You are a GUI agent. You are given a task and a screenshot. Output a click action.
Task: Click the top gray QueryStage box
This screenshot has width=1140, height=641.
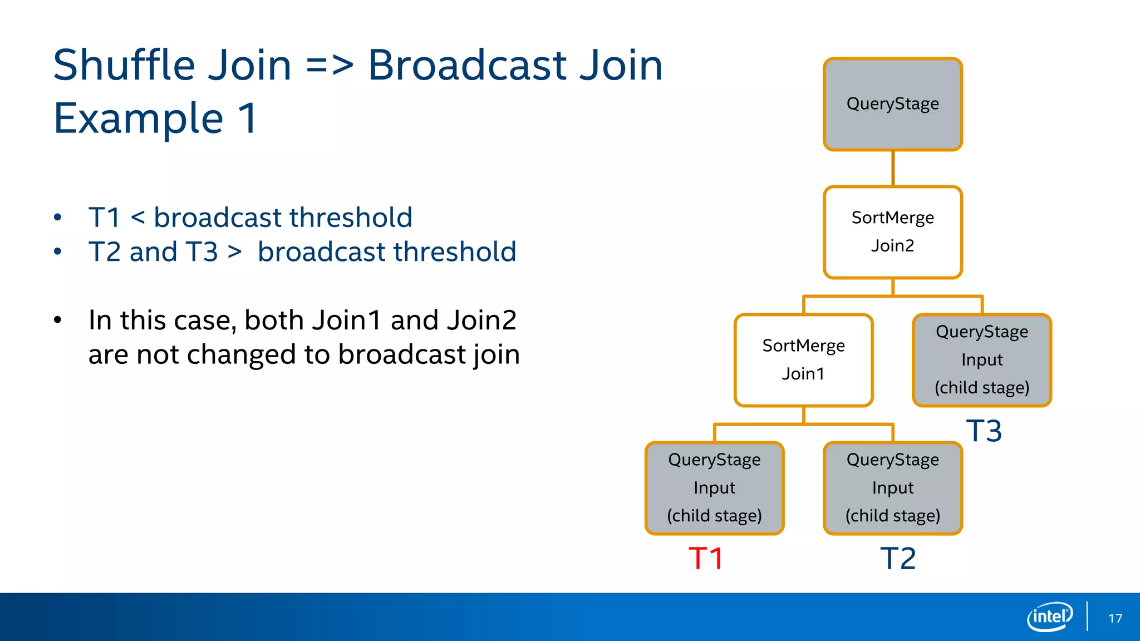pyautogui.click(x=893, y=104)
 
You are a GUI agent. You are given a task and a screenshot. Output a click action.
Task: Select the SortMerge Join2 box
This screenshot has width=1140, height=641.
pyautogui.click(x=893, y=232)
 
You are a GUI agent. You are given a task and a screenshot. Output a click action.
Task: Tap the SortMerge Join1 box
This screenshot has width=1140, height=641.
pyautogui.click(x=803, y=360)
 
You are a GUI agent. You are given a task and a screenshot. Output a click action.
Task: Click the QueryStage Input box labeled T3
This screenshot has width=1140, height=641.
pyautogui.click(x=982, y=360)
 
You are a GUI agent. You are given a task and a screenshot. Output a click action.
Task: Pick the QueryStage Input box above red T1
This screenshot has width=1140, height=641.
pyautogui.click(x=714, y=488)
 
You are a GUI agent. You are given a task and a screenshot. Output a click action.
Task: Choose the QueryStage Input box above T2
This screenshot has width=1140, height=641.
pyautogui.click(x=893, y=488)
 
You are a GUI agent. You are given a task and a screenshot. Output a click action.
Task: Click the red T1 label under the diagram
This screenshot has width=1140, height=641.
pyautogui.click(x=705, y=558)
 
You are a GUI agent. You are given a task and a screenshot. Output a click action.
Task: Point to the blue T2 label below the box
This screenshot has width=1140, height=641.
pyautogui.click(x=897, y=558)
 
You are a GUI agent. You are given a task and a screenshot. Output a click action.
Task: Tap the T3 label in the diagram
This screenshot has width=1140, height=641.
pyautogui.click(x=984, y=431)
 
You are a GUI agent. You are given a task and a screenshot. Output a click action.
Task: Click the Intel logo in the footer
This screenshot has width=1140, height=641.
pyautogui.click(x=1049, y=617)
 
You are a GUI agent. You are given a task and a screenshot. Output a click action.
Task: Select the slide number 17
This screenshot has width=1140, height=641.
pyautogui.click(x=1115, y=618)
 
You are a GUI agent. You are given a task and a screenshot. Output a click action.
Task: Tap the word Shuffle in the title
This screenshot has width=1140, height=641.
pyautogui.click(x=124, y=66)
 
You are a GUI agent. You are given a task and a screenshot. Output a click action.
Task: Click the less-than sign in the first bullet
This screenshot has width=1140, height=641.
pyautogui.click(x=137, y=218)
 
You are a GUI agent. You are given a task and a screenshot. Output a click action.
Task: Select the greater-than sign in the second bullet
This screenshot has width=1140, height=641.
pyautogui.click(x=234, y=252)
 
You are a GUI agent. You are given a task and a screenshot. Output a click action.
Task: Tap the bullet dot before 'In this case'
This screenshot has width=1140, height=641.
pyautogui.click(x=58, y=320)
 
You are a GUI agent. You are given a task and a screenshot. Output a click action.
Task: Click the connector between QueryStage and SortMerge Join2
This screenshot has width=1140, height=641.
pyautogui.click(x=893, y=168)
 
